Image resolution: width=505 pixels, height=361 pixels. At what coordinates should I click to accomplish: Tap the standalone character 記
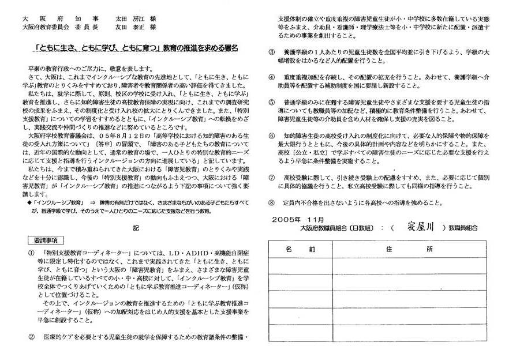[136, 227]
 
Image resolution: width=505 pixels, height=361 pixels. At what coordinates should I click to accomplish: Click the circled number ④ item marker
[272, 77]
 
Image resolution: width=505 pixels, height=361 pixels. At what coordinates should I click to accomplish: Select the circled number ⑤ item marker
[272, 101]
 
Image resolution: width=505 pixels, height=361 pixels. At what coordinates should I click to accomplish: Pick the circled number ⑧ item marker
[272, 202]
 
